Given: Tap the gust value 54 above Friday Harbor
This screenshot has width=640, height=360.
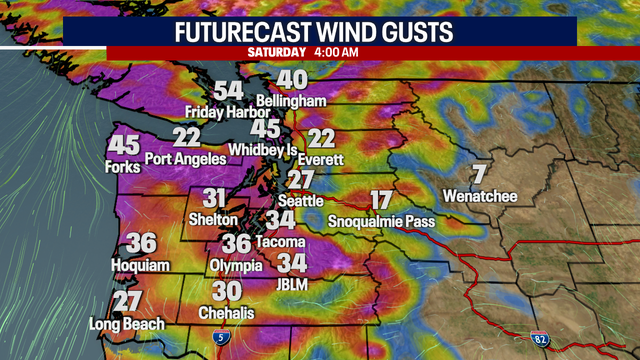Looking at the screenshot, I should (x=229, y=90).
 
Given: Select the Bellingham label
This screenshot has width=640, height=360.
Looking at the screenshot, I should (x=292, y=102).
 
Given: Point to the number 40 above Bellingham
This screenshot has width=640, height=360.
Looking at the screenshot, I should (x=292, y=80).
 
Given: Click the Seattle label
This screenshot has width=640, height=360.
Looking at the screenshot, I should (x=301, y=201).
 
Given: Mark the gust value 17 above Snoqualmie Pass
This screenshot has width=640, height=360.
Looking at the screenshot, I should (x=381, y=199).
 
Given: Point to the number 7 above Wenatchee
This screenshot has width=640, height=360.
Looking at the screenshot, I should (x=479, y=173).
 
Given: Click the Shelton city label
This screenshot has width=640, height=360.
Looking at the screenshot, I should (x=213, y=219).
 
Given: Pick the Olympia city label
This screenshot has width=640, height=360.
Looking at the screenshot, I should (x=236, y=265).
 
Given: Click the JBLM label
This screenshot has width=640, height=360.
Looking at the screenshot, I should (x=292, y=285).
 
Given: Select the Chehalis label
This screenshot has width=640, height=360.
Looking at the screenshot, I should (x=226, y=313).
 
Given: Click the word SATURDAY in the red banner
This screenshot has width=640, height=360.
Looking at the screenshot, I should (x=277, y=51).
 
